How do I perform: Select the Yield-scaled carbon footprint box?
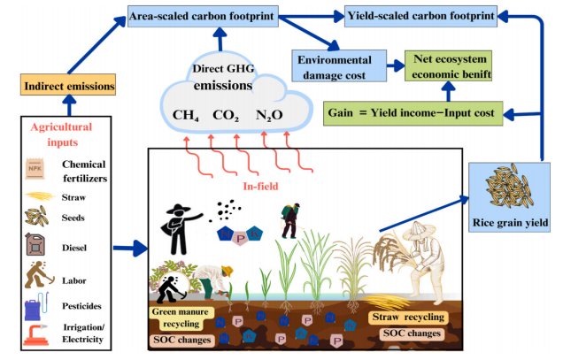tap(408, 16)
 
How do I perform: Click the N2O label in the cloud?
tap(269, 115)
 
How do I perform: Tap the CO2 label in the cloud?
tap(227, 115)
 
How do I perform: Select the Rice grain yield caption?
tap(508, 221)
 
